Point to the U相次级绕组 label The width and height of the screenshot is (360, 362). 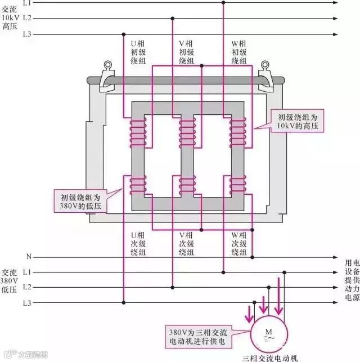(x=138, y=243)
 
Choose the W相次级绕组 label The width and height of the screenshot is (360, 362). (x=239, y=243)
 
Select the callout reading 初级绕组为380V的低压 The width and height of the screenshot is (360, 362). (x=84, y=202)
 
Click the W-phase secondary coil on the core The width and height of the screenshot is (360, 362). (x=238, y=185)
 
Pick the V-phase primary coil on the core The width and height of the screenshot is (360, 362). (x=187, y=133)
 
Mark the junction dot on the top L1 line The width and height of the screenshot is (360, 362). (x=223, y=3)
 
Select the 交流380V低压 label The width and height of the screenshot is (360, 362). (x=10, y=287)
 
